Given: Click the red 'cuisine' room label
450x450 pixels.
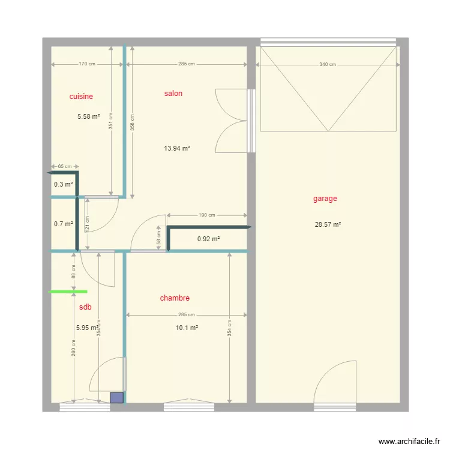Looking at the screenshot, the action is pos(81,97).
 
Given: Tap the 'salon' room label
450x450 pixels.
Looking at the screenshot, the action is pos(173,93).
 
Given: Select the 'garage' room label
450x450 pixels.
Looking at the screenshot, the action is pos(325,199).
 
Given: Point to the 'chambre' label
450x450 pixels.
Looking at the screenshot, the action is pos(175,298).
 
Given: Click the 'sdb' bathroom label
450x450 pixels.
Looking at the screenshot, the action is pos(85,307).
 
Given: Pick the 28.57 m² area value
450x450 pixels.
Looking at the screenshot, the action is pos(328,224).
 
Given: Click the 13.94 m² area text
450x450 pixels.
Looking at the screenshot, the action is pos(177,148).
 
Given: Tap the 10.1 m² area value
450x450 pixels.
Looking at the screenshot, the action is pos(187,328).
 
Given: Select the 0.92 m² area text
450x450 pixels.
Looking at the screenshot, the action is pos(208,239).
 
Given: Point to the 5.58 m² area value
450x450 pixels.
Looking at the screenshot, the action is pos(89,116).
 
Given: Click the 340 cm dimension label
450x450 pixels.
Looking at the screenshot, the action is pos(328,65).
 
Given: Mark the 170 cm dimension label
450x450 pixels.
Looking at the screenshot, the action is pos(87,64).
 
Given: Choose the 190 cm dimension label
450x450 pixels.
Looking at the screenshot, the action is pos(206,215).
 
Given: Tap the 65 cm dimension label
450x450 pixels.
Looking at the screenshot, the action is pos(65,166).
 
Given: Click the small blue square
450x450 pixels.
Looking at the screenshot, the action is pos(117,398).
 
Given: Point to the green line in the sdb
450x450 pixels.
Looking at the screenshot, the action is pos(68,292).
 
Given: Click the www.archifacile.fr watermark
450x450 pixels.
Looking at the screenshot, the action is pos(409,441).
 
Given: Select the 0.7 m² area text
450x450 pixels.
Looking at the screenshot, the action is pos(64,224).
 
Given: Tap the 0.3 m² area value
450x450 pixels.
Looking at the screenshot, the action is pos(64,184).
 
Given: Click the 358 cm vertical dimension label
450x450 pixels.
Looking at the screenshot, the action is pos(133,122).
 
